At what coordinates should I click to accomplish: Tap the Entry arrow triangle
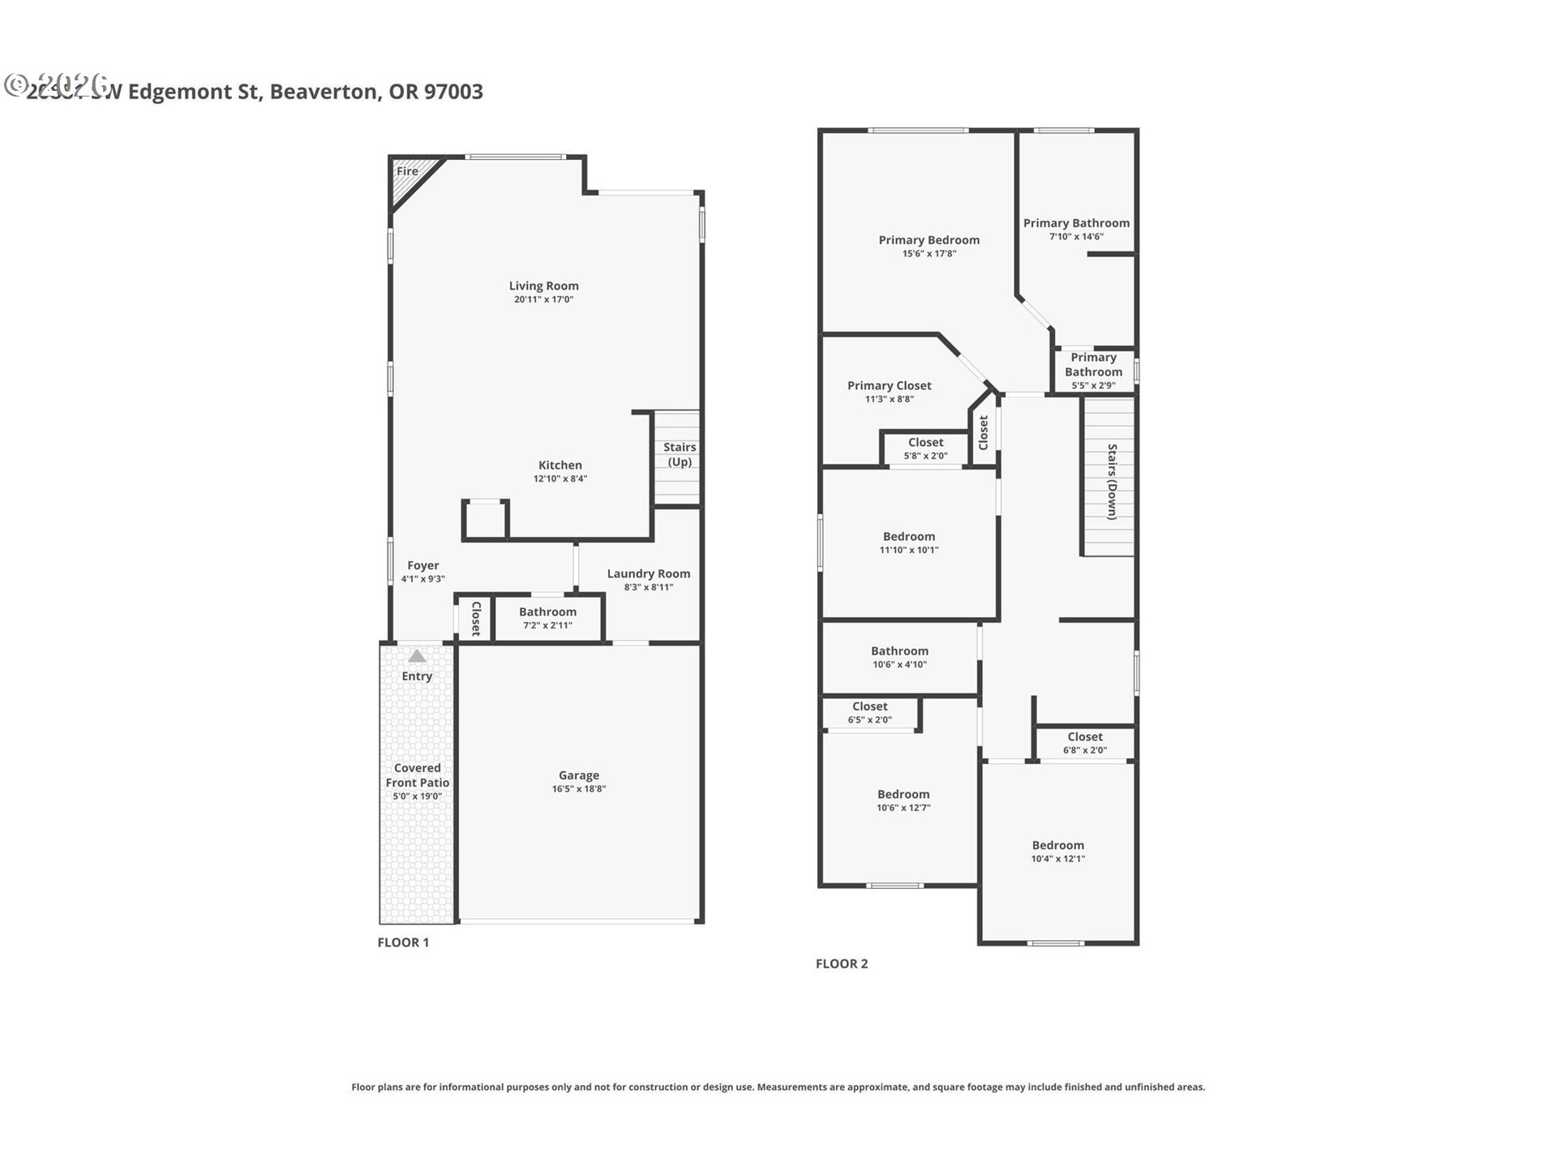tap(417, 656)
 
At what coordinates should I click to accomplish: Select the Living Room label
tap(543, 286)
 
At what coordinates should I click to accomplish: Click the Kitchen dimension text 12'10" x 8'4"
tap(560, 479)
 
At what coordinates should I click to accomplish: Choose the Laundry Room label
tap(648, 573)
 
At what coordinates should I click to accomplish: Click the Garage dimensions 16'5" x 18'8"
tap(578, 788)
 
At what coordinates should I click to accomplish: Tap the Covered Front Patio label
tap(417, 775)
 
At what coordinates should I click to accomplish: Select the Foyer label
tap(422, 565)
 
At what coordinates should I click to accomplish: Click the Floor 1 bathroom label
tap(547, 612)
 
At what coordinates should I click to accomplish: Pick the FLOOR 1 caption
tap(403, 942)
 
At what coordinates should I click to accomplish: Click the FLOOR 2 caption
tap(841, 964)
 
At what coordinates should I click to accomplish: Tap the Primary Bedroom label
tap(929, 240)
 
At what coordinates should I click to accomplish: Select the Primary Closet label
tap(889, 385)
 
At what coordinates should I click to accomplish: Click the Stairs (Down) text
tap(1112, 481)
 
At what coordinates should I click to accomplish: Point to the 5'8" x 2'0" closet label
tap(925, 455)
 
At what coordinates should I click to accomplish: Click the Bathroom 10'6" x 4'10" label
tap(899, 651)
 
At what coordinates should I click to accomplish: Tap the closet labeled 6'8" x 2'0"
tap(1084, 743)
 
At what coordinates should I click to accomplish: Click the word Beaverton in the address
tap(324, 92)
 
